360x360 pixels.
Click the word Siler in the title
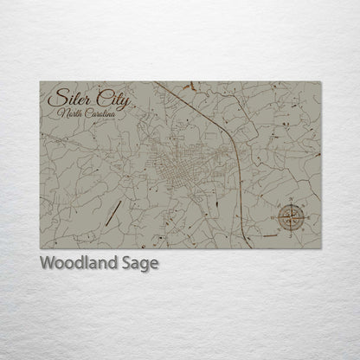72,98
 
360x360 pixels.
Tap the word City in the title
110,99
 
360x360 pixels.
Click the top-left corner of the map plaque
41,81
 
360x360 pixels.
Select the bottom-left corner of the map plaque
41,248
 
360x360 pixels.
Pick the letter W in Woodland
47,263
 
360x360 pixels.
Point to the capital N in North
61,113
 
